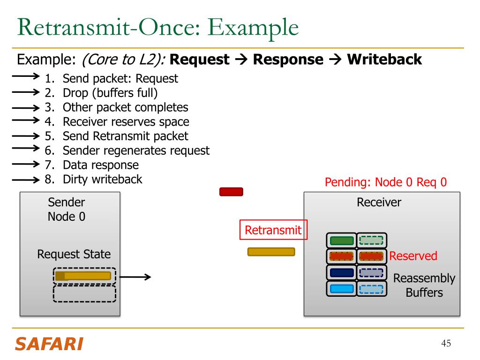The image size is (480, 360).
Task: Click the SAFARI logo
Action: (x=49, y=344)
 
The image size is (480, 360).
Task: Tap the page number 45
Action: (x=446, y=343)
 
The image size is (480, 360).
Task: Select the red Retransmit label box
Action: (x=273, y=230)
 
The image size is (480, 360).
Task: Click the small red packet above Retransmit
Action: (x=231, y=192)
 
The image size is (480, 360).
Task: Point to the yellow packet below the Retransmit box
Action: (x=271, y=252)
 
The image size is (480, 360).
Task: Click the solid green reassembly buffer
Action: (x=342, y=240)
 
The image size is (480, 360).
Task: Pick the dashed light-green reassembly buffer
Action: (x=371, y=240)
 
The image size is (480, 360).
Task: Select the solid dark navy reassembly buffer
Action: (x=342, y=273)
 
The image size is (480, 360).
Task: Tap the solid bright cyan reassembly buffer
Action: (x=342, y=289)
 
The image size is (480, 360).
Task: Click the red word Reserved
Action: (x=413, y=256)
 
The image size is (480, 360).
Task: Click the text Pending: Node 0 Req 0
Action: (x=386, y=182)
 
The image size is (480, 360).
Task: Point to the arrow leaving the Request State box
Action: (x=135, y=277)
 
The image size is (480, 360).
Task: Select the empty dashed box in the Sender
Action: (x=84, y=294)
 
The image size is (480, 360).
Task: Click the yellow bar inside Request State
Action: (x=83, y=276)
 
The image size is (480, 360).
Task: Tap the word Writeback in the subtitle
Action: (x=384, y=60)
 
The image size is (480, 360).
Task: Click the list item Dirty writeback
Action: (x=103, y=180)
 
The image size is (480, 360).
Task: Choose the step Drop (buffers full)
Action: (x=110, y=93)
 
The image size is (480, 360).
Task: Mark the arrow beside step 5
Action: (x=26, y=135)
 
